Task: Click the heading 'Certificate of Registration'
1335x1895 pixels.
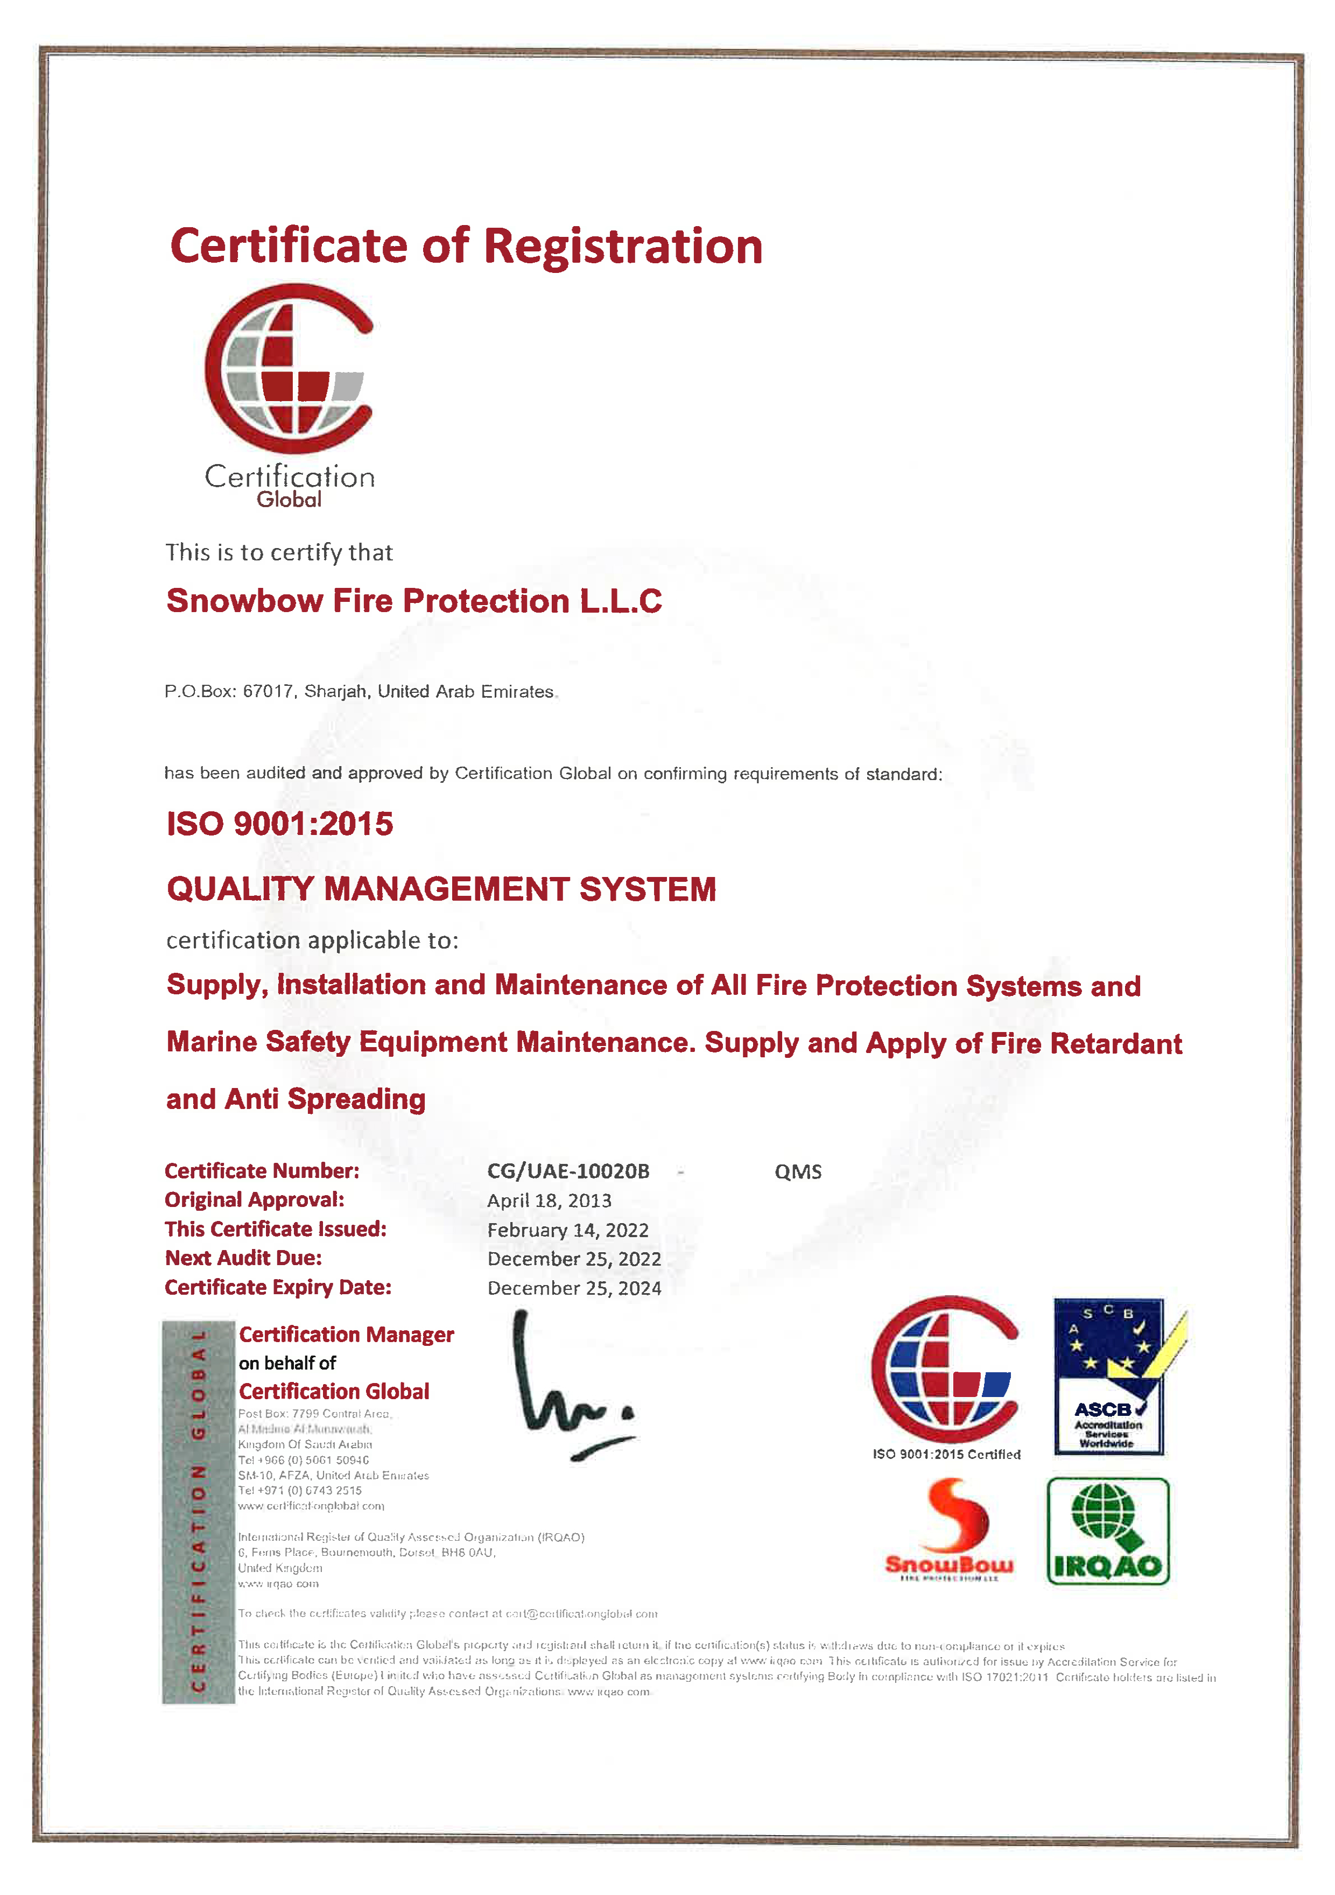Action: pos(466,246)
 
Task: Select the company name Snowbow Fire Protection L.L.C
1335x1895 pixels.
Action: pos(413,601)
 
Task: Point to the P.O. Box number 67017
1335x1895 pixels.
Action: pos(268,692)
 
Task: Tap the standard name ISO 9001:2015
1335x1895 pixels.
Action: pos(280,824)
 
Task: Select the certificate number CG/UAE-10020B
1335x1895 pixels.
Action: pos(568,1171)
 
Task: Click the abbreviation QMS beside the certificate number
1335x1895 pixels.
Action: pos(797,1172)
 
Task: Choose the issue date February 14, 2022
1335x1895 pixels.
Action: pos(568,1230)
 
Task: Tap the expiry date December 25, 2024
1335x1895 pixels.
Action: pos(574,1288)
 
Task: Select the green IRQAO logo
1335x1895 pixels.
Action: pos(1107,1531)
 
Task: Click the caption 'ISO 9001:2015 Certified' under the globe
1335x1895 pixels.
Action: pos(946,1454)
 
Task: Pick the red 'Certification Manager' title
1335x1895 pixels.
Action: pos(346,1335)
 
